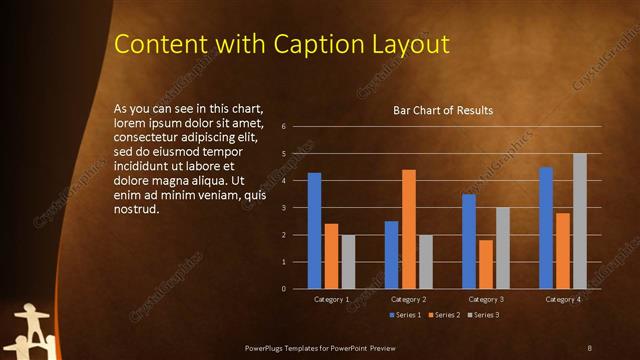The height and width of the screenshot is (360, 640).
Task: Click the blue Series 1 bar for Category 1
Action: click(314, 231)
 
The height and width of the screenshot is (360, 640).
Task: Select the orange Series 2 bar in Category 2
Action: click(408, 229)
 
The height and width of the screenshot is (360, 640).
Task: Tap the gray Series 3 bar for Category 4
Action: click(579, 221)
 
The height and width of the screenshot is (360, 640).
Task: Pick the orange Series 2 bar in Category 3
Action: click(486, 264)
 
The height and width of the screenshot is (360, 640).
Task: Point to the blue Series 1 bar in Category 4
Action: click(546, 228)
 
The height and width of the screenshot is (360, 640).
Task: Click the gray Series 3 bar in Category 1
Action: click(347, 262)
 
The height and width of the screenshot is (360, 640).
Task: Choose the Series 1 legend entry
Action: click(404, 315)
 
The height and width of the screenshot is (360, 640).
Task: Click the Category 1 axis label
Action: click(331, 299)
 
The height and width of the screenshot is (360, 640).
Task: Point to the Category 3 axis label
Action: click(487, 299)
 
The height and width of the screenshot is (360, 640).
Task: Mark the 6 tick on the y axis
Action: click(285, 127)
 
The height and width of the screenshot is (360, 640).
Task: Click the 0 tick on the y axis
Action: click(285, 289)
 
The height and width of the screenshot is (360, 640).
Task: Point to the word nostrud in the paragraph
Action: click(137, 209)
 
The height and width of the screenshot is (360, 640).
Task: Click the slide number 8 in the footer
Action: click(590, 347)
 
